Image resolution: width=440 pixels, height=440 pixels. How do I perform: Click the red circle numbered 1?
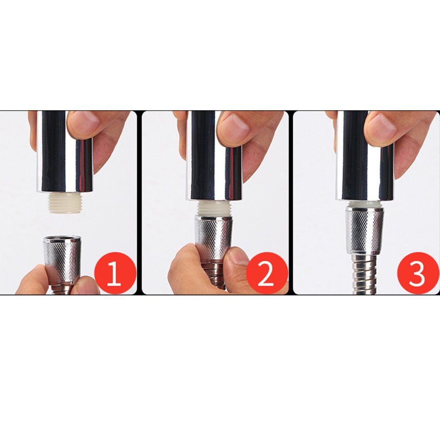[115, 273]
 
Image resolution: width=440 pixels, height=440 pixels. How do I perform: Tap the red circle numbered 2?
[267, 273]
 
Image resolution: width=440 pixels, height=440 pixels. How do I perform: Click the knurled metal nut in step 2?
[214, 236]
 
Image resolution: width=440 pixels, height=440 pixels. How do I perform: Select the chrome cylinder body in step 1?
[64, 152]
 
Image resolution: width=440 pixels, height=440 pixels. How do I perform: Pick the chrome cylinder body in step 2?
[214, 156]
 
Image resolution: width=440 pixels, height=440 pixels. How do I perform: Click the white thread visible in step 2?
[214, 208]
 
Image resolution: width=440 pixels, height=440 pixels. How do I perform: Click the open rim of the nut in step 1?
[62, 239]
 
